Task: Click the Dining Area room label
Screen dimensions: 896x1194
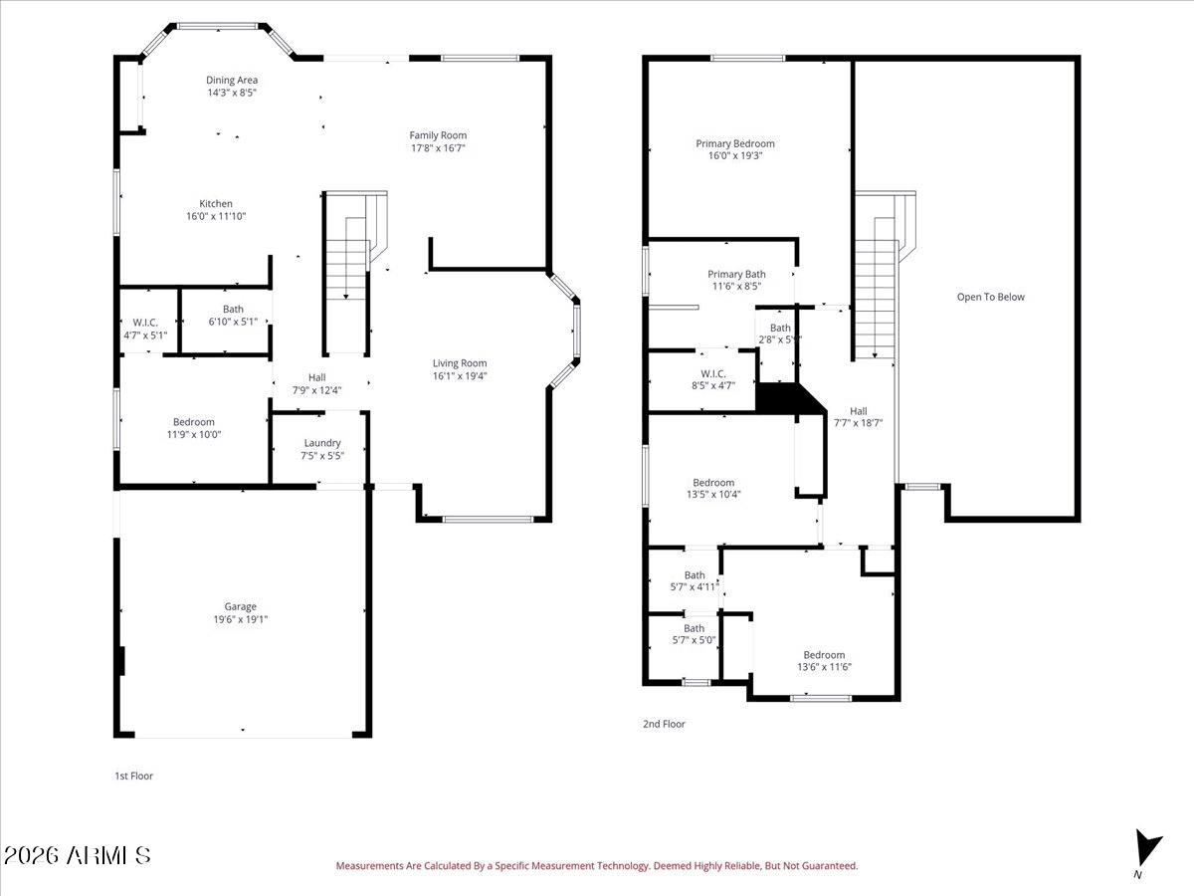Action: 232,81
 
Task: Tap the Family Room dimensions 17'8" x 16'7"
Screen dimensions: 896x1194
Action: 438,147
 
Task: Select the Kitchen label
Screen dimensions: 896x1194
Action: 216,204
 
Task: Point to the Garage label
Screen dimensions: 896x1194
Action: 240,606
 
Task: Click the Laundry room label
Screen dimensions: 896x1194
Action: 322,443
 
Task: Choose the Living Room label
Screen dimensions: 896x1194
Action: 460,363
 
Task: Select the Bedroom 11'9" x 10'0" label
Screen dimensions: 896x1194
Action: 193,428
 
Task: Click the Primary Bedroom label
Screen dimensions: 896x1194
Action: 734,143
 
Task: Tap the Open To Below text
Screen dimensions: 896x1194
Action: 990,297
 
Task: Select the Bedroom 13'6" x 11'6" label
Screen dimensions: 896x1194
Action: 824,661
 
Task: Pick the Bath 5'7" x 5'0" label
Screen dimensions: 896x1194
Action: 694,634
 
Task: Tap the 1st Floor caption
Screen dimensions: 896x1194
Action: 133,776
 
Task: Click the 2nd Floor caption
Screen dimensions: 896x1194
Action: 664,724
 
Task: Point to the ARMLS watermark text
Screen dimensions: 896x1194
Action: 78,855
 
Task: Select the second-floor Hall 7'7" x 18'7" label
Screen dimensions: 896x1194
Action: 858,416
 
